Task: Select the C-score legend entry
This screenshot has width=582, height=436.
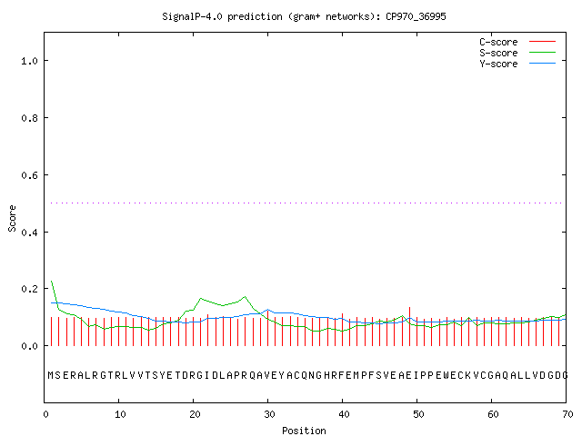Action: point(517,42)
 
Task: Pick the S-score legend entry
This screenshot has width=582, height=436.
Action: point(517,53)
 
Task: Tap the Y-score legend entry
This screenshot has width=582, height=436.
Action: point(517,64)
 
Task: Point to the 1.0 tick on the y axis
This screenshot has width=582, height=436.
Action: point(29,61)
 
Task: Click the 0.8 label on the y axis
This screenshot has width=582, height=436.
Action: point(29,118)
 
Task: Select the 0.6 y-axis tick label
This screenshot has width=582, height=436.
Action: point(29,175)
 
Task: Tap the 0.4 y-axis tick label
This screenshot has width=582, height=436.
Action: point(29,233)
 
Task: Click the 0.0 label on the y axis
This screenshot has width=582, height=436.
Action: point(29,346)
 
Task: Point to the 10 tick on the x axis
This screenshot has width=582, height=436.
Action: point(120,414)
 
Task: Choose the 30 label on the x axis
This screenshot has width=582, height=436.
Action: point(269,414)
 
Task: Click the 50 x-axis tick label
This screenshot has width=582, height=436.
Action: point(418,414)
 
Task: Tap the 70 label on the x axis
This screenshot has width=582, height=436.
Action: point(567,414)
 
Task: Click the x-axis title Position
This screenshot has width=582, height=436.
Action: point(304,431)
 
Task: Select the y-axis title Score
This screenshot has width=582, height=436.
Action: point(12,218)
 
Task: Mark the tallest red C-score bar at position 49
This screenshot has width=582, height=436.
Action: point(409,326)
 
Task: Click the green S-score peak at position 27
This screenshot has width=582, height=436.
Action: point(245,297)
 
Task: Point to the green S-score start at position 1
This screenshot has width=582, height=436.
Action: point(52,281)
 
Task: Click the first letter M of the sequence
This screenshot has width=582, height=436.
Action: point(51,375)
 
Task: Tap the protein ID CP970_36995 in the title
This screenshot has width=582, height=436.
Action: point(416,16)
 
